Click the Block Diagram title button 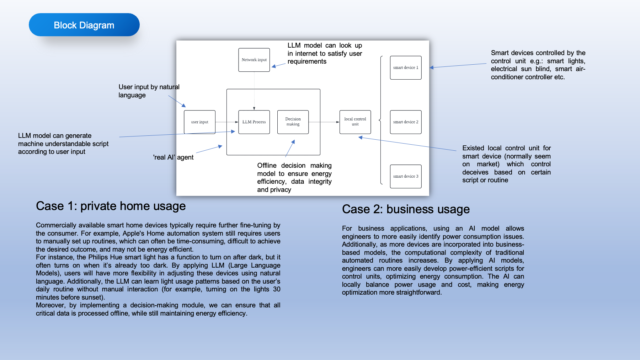pos(84,25)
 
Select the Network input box pos(254,60)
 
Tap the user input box pos(199,122)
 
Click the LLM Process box pos(254,122)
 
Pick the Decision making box pos(293,122)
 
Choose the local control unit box pos(355,122)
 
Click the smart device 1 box pos(405,68)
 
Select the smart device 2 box pos(405,122)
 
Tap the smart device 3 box pos(405,176)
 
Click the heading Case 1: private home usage pos(111,206)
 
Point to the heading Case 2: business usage pos(406,209)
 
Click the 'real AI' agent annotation pos(173,157)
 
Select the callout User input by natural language pos(149,91)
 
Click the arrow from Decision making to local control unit pos(324,122)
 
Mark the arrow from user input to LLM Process pos(226,122)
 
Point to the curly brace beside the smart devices pos(380,120)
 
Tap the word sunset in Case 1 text pos(92,297)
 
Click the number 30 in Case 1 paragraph pos(277,289)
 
